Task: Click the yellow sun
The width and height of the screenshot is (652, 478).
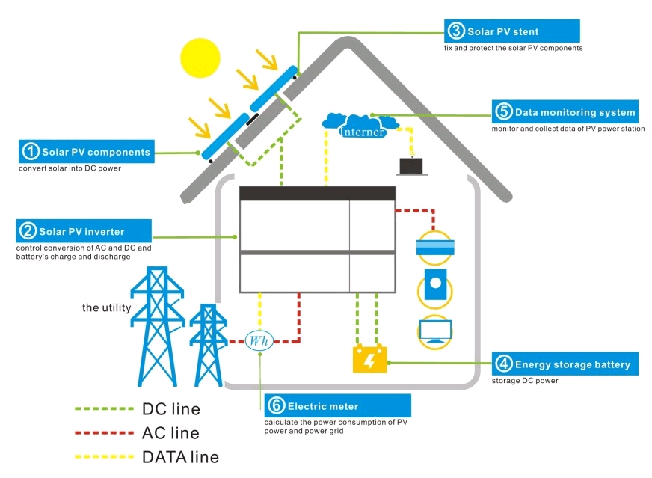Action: pos(202,56)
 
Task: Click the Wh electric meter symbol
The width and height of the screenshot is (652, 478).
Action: pos(259,340)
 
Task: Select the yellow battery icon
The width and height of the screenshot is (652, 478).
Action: pos(369,359)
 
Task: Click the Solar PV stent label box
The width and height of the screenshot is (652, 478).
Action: pos(513,31)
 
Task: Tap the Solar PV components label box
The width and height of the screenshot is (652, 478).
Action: pos(87,152)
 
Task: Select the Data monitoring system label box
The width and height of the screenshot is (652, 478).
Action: pos(566,112)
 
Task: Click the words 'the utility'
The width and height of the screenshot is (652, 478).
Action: pos(107,307)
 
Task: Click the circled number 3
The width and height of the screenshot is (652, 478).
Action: pos(456,31)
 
